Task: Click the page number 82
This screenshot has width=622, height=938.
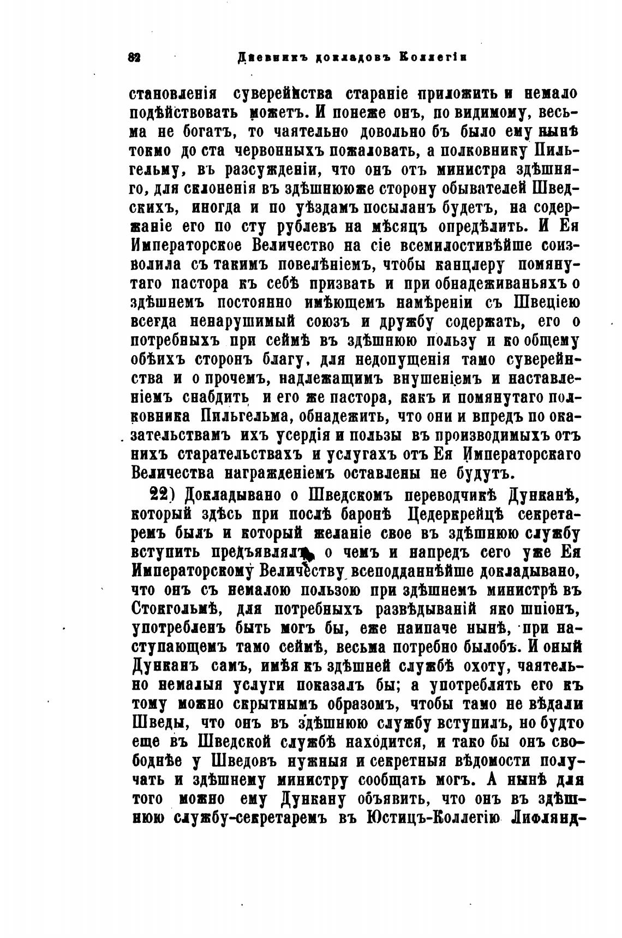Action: click(x=134, y=57)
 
